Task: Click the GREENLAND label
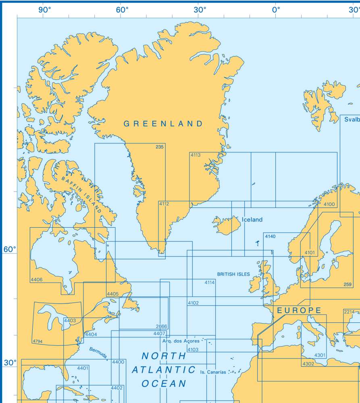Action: pyautogui.click(x=163, y=124)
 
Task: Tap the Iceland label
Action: pyautogui.click(x=252, y=220)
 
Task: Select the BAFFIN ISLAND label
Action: pyautogui.click(x=81, y=193)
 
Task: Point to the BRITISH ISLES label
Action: pyautogui.click(x=233, y=274)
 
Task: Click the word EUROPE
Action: pyautogui.click(x=299, y=310)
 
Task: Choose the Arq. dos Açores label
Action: pyautogui.click(x=181, y=341)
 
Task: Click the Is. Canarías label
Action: pyautogui.click(x=213, y=372)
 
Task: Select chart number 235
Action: pyautogui.click(x=160, y=147)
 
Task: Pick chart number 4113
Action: pyautogui.click(x=196, y=155)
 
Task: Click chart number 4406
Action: pyautogui.click(x=36, y=279)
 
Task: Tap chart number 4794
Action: pyautogui.click(x=37, y=342)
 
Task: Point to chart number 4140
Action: pyautogui.click(x=270, y=236)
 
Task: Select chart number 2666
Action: pyautogui.click(x=161, y=326)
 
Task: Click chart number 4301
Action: pyautogui.click(x=320, y=355)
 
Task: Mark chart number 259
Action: pyautogui.click(x=348, y=285)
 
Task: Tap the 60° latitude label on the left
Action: pyautogui.click(x=10, y=249)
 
